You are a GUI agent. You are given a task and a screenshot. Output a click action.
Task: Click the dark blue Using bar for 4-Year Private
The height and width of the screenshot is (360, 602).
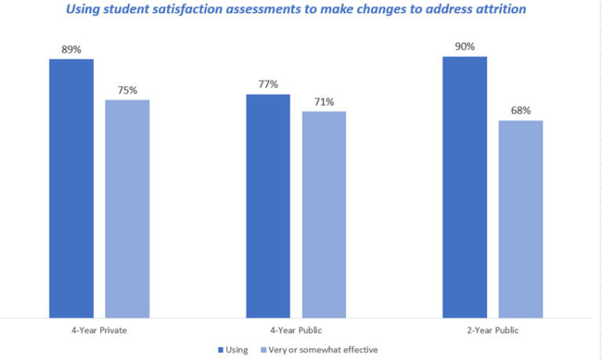71,188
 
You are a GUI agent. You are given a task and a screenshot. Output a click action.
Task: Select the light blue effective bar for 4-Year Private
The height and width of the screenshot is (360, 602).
127,209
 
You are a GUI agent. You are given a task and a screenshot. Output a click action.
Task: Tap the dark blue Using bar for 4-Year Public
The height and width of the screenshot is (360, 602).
268,205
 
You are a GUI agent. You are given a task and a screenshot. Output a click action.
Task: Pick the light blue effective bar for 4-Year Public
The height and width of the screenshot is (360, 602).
324,214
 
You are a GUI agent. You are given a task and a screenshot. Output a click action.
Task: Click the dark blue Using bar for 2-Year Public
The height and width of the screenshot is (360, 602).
464,187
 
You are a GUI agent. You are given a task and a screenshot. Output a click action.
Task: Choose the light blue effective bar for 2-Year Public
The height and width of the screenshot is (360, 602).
520,219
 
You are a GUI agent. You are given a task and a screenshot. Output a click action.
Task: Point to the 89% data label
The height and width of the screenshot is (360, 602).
71,49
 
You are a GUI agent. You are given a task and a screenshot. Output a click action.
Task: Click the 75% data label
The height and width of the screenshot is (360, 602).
127,90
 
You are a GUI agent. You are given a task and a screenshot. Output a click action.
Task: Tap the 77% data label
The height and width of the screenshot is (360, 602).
268,85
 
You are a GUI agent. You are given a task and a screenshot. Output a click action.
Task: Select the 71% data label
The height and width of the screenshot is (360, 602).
324,102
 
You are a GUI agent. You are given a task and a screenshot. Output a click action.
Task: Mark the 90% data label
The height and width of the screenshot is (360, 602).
464,47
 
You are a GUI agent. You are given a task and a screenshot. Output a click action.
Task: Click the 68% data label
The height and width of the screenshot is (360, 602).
520,111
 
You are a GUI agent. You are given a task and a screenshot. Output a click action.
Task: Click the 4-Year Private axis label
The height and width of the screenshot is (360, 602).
99,330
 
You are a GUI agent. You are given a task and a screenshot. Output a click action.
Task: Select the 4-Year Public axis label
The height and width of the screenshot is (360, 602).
296,330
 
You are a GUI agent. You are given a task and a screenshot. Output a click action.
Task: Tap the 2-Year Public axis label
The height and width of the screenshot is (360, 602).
492,330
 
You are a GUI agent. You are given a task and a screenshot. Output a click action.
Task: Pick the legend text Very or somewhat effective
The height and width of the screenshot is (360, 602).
323,350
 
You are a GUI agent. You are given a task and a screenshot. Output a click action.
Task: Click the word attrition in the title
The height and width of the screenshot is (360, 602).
499,9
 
